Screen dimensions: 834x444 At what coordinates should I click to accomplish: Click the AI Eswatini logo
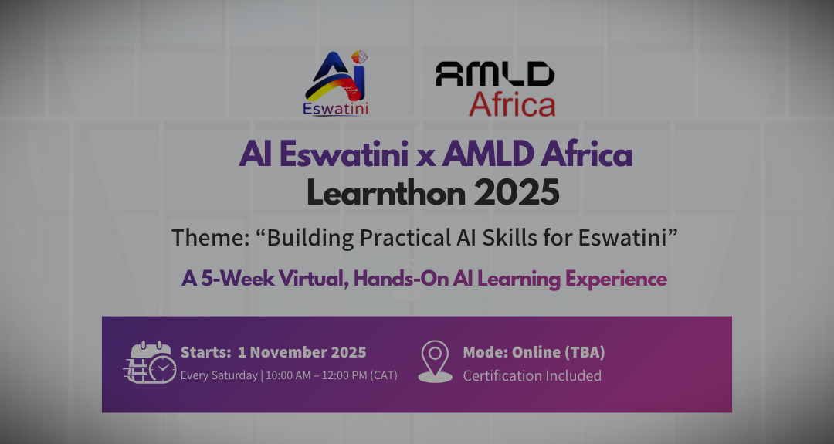[336, 83]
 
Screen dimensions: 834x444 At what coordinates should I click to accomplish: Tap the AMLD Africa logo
[496, 89]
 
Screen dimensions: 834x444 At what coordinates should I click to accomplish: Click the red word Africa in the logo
[512, 103]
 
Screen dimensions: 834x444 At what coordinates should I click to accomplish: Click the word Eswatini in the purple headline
[344, 154]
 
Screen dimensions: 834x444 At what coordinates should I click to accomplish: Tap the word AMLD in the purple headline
[487, 154]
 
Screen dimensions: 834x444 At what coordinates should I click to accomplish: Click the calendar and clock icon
[151, 363]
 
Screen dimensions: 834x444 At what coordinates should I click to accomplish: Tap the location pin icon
[435, 361]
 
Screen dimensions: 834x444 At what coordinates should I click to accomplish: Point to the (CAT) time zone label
[384, 375]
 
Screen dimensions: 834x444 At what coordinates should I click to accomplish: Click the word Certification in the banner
[498, 375]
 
